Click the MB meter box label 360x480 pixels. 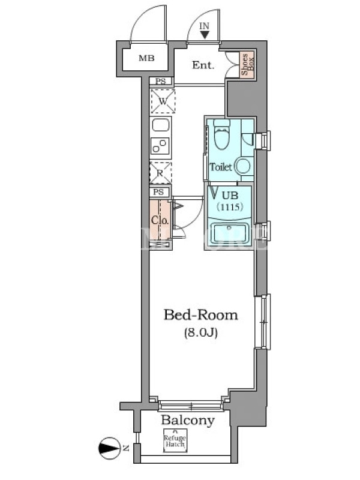(x=146, y=58)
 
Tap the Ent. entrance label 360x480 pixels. (x=203, y=65)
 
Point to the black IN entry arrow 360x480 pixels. (x=204, y=34)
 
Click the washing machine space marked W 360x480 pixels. (x=163, y=101)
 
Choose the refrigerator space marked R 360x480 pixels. (x=160, y=173)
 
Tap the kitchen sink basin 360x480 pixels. (x=161, y=125)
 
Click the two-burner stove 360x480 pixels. (x=161, y=146)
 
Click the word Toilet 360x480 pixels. (x=220, y=167)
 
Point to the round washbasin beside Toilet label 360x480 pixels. (x=243, y=167)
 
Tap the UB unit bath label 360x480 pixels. (x=230, y=196)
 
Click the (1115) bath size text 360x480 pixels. (x=230, y=207)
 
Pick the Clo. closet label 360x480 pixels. (x=160, y=220)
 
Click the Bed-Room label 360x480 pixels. (x=201, y=314)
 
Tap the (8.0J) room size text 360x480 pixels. (x=201, y=332)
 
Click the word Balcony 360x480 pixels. (x=188, y=421)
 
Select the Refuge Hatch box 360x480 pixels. (x=175, y=440)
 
